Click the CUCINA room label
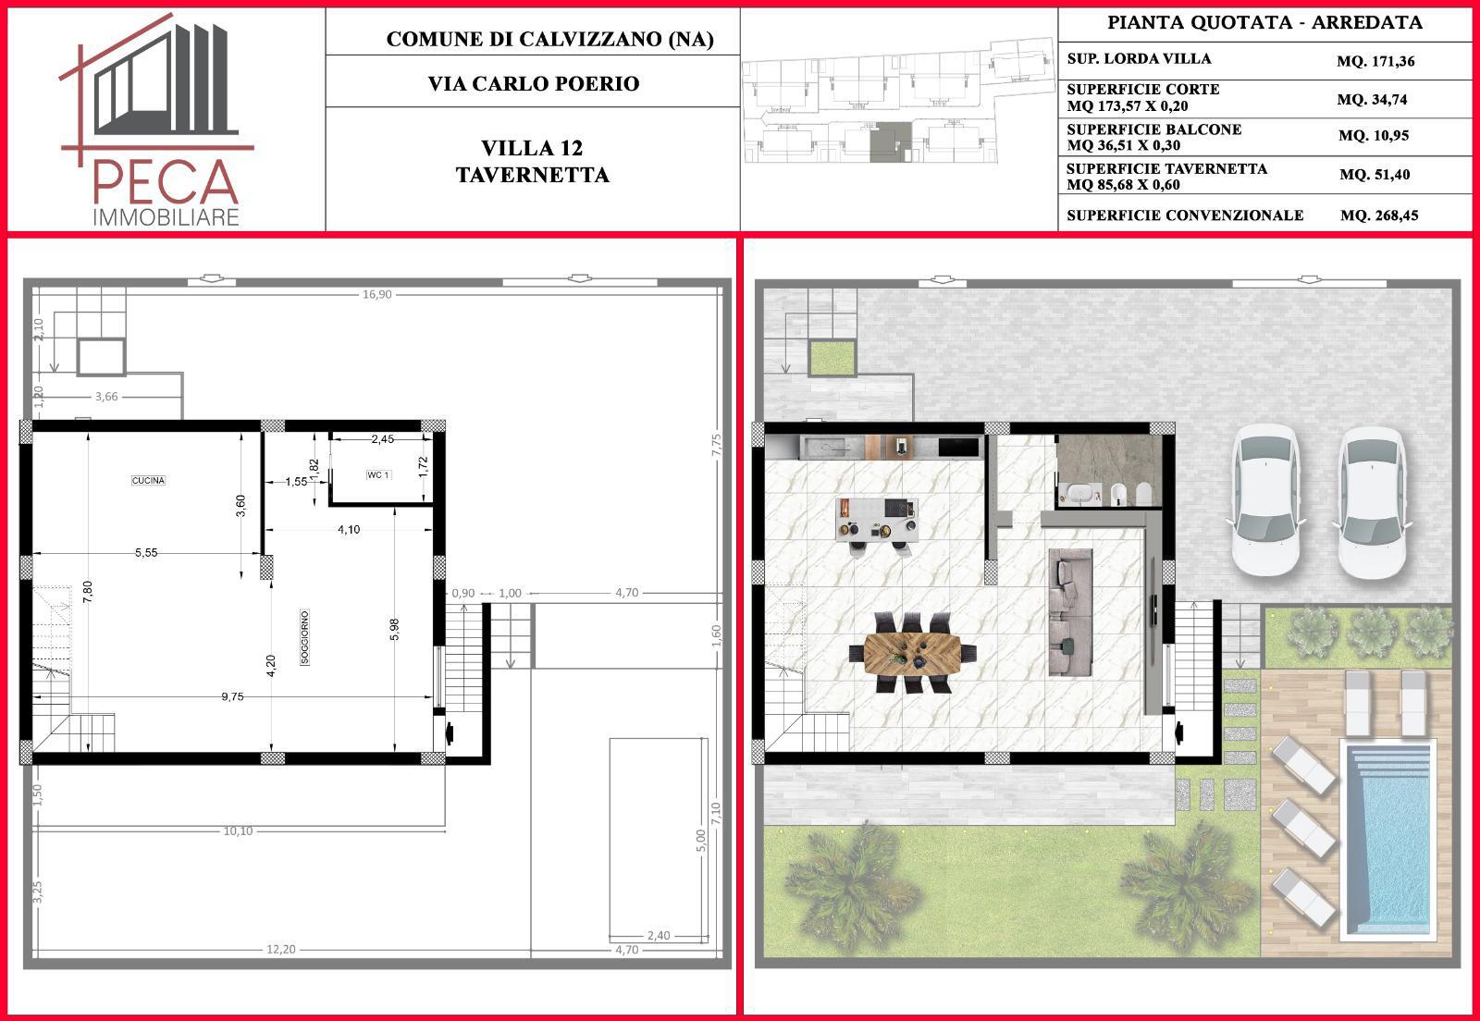148,480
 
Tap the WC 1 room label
378,474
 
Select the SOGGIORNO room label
304,637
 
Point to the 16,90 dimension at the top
377,294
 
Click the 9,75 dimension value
232,696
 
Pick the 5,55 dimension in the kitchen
146,552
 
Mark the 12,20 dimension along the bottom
281,949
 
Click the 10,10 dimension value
238,830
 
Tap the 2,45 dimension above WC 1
383,438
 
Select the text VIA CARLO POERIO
534,84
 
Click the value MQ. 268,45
1379,215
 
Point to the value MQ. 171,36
1375,61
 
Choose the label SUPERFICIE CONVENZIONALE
1185,215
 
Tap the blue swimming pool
1387,840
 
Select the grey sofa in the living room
1070,611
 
